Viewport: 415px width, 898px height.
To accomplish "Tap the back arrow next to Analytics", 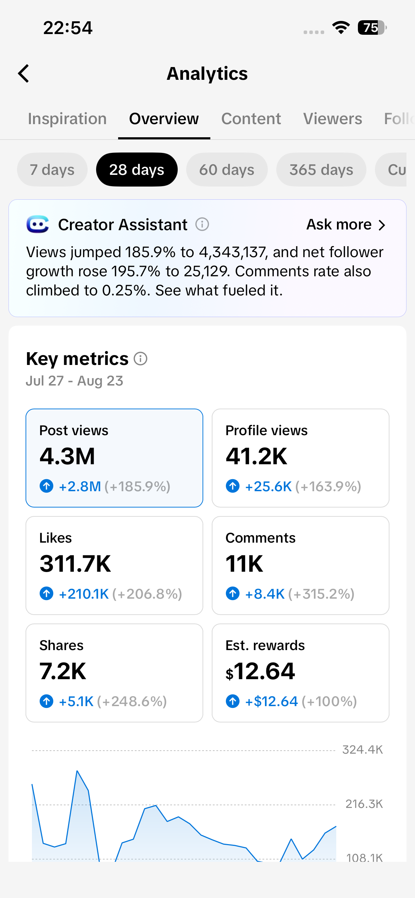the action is [x=23, y=73].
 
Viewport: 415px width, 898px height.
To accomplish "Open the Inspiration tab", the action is [x=67, y=118].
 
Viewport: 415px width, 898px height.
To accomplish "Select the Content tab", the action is [x=251, y=118].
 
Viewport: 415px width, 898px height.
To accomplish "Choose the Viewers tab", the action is [x=333, y=118].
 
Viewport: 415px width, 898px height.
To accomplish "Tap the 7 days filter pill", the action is [x=52, y=170].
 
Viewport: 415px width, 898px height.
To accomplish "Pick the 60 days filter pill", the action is [x=227, y=170].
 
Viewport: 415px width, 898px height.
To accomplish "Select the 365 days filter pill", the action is [x=321, y=170].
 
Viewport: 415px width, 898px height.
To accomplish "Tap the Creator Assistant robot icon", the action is [x=38, y=224].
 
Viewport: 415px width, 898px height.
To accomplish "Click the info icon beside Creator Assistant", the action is [x=202, y=224].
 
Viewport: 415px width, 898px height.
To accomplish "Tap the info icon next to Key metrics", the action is [x=140, y=359].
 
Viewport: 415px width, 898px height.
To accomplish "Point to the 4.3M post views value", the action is [x=67, y=456].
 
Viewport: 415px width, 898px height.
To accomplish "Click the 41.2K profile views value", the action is [x=256, y=456].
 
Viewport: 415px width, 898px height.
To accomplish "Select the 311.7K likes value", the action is [x=76, y=564].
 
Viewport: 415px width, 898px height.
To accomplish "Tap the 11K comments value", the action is [x=244, y=564].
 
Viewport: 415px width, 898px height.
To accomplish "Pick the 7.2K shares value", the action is [x=63, y=671].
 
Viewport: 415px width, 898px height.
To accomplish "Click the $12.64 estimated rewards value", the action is [x=260, y=671].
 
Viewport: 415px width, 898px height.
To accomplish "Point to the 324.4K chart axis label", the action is [x=363, y=749].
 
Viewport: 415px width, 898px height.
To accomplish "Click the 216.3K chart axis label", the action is [x=364, y=804].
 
